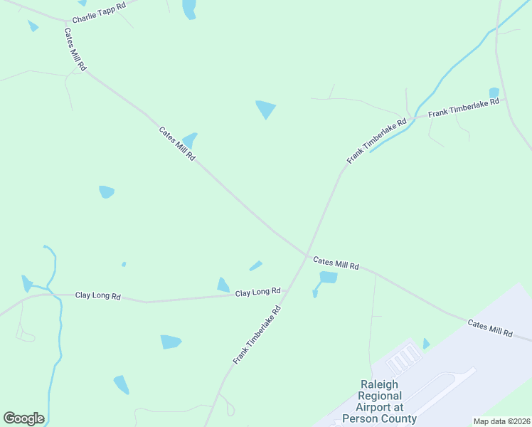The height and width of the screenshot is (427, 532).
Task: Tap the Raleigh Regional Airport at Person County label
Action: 380,401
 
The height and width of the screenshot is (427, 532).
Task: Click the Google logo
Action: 23,418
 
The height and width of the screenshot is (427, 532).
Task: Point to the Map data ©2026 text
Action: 501,421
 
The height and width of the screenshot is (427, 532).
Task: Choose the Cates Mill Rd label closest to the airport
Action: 490,328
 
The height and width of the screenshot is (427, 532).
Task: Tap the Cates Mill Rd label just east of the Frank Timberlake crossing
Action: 336,263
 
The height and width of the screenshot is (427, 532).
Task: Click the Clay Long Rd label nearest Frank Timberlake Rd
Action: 258,292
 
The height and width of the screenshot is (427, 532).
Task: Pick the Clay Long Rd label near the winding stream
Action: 98,295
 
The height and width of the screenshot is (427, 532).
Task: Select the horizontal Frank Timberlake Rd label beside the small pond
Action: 464,107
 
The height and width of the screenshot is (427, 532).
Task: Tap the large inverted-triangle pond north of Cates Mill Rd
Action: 265,109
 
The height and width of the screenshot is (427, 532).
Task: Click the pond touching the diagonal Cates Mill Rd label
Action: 190,140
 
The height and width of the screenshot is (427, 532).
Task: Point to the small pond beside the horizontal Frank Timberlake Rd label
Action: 494,93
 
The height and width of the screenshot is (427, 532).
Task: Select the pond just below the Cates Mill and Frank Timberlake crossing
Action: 328,278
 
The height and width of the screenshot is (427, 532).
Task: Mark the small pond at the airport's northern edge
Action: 426,344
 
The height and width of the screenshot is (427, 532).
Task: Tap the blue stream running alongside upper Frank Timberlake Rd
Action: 434,89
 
